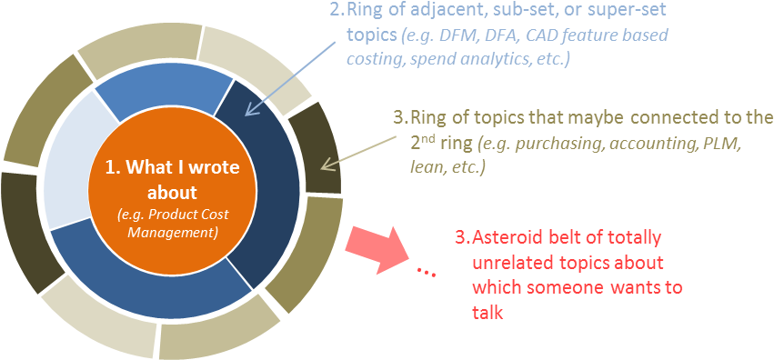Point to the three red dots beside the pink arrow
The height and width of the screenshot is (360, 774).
[426, 271]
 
